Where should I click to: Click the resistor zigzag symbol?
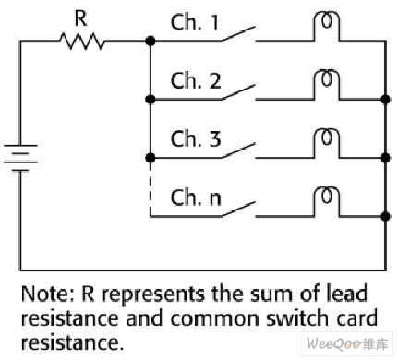pyautogui.click(x=82, y=41)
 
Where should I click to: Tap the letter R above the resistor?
pyautogui.click(x=81, y=18)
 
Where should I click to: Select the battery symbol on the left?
pyautogui.click(x=20, y=158)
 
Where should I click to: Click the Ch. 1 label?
pyautogui.click(x=195, y=22)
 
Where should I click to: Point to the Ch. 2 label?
pyautogui.click(x=196, y=80)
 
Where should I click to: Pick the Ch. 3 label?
pyautogui.click(x=196, y=138)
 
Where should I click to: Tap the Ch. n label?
pyautogui.click(x=196, y=198)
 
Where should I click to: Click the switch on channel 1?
pyautogui.click(x=238, y=34)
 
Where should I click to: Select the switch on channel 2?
pyautogui.click(x=238, y=92)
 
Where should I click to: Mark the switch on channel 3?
pyautogui.click(x=238, y=150)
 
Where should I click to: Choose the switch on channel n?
pyautogui.click(x=238, y=210)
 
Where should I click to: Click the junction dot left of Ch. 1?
pyautogui.click(x=151, y=41)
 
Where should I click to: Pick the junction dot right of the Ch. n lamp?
pyautogui.click(x=385, y=216)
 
